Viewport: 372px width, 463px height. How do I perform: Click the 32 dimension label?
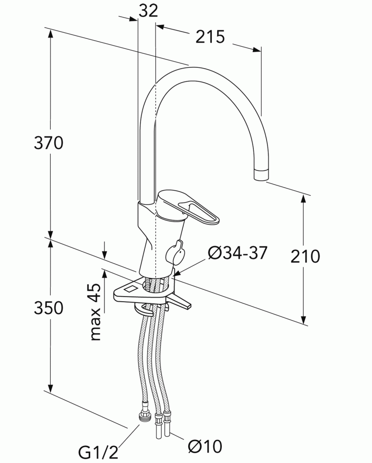click(148, 11)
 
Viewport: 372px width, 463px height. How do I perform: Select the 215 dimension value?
click(210, 37)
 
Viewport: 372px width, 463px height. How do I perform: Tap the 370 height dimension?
click(48, 143)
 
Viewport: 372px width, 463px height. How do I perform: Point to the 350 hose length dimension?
click(48, 307)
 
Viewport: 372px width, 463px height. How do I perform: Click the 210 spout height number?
click(305, 256)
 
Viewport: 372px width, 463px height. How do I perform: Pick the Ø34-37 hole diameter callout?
click(238, 253)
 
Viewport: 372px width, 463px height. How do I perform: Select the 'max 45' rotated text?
click(95, 312)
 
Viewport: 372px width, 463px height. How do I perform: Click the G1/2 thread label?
click(98, 452)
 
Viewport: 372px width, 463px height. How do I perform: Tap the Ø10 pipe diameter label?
click(205, 446)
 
